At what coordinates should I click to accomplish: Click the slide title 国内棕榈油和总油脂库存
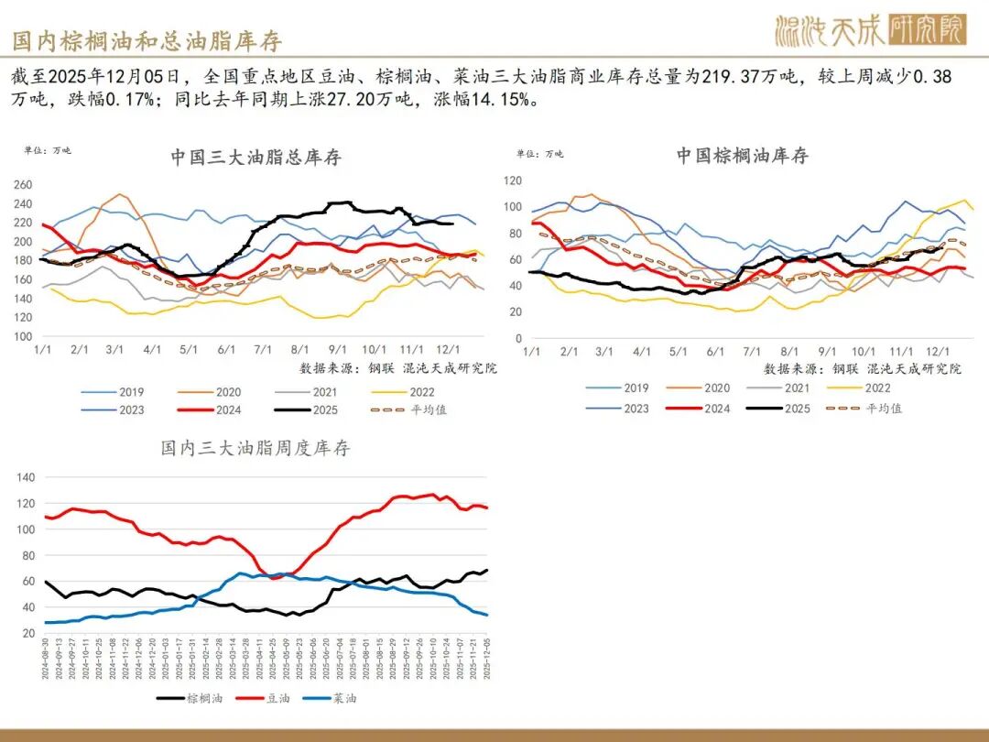[x=147, y=39]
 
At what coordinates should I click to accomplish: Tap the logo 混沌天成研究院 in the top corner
[x=869, y=31]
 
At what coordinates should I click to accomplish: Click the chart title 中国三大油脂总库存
[x=255, y=157]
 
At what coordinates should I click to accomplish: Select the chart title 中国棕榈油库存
[x=743, y=155]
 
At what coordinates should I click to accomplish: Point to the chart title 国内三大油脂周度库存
[x=255, y=448]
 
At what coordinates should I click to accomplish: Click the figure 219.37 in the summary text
[x=730, y=76]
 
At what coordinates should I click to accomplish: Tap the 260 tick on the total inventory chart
[x=22, y=184]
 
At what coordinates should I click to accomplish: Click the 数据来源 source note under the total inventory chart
[x=398, y=367]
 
